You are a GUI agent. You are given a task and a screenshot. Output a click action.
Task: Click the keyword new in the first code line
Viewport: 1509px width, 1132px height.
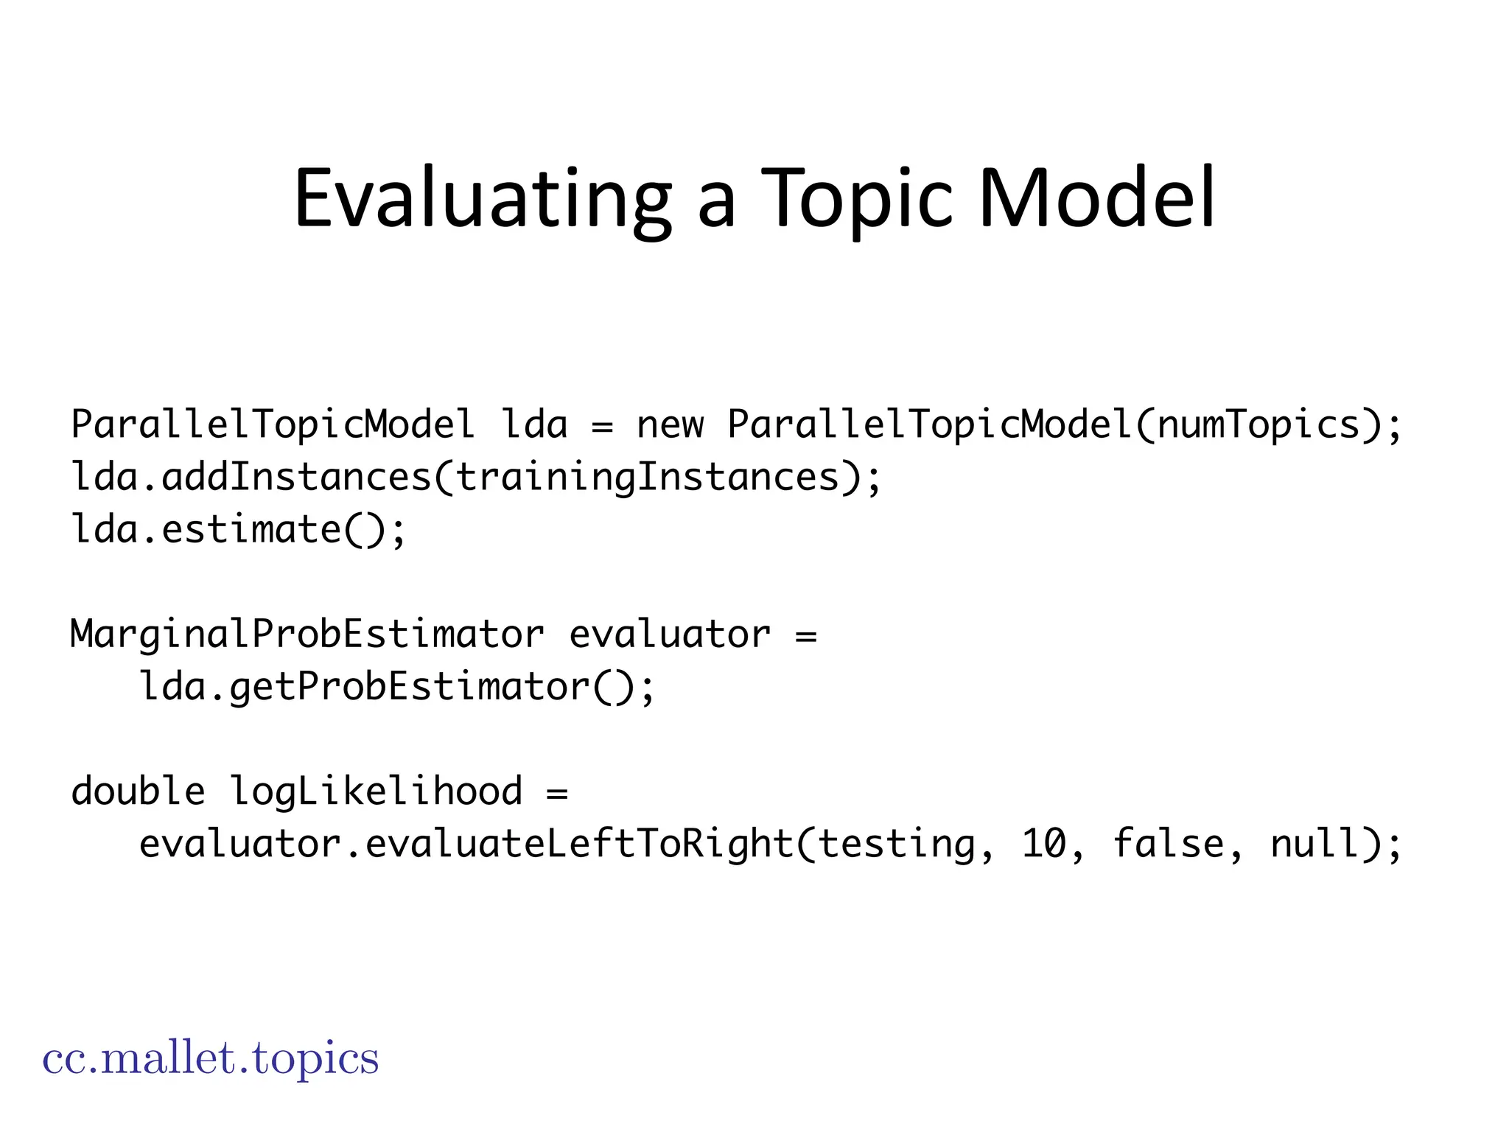[670, 424]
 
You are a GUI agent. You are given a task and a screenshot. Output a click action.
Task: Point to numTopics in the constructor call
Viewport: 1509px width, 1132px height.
[1258, 424]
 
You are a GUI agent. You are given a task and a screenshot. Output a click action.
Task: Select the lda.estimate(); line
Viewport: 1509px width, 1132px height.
[238, 530]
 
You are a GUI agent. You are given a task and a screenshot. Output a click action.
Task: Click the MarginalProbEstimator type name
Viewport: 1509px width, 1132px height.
[307, 635]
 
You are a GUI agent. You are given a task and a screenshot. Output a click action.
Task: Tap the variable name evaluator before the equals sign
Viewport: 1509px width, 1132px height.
[670, 635]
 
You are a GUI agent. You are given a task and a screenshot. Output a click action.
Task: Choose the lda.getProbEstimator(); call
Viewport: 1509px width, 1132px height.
[396, 687]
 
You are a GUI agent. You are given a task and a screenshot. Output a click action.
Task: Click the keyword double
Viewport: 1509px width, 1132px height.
[138, 792]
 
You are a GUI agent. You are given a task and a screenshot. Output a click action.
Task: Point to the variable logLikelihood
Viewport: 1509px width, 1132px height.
[376, 792]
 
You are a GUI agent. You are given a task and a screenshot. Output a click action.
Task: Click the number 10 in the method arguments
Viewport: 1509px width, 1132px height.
[1043, 844]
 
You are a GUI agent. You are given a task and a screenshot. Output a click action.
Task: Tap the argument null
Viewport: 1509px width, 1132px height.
[1315, 844]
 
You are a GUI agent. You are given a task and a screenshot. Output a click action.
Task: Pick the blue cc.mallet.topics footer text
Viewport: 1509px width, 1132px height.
[211, 1058]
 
